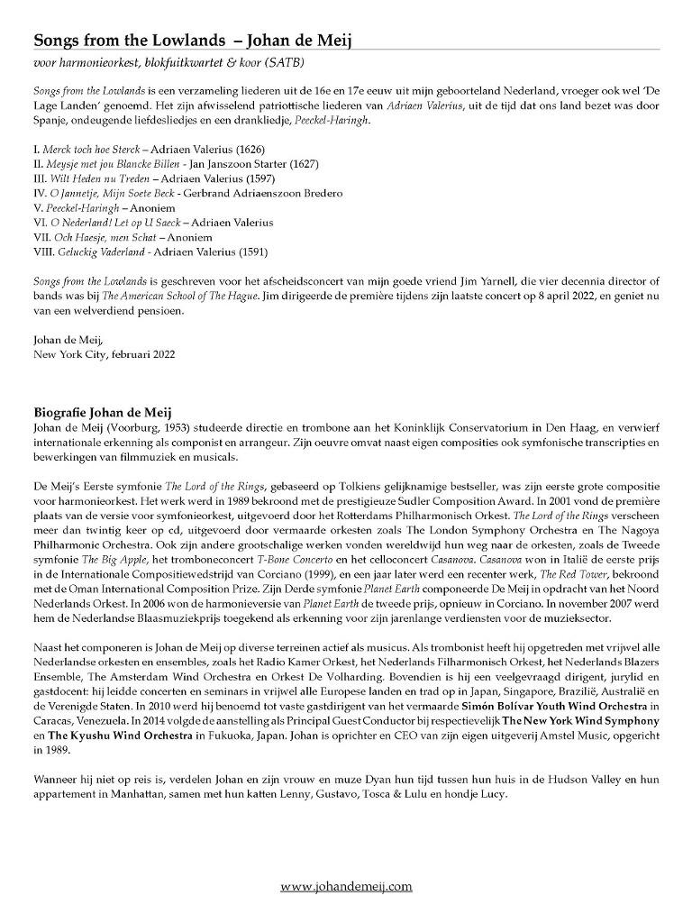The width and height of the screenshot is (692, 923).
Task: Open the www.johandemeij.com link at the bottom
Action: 346,886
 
